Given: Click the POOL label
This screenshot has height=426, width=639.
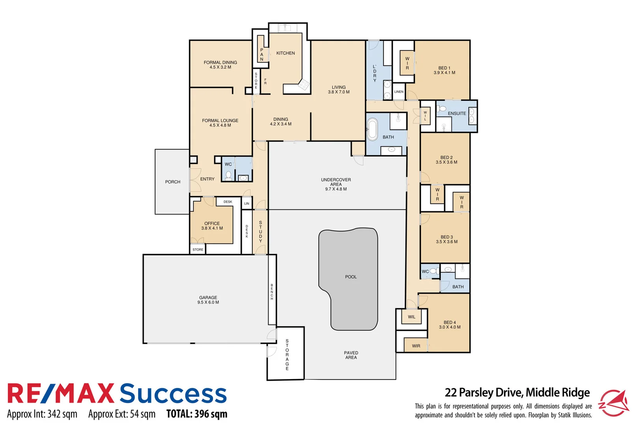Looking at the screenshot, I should pos(351,277).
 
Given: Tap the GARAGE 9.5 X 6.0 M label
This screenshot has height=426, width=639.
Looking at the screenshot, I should pos(208,300).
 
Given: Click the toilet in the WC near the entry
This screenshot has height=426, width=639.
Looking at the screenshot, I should pos(228,175).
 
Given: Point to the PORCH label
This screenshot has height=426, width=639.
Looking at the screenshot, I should pos(173,182).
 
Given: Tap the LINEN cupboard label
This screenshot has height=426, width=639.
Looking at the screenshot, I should pos(399,92).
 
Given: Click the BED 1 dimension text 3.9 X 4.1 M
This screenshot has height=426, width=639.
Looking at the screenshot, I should pos(445,73).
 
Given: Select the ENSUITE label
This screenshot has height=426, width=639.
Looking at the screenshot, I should pos(457,114).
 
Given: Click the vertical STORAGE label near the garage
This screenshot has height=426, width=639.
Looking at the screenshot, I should pos(287,355).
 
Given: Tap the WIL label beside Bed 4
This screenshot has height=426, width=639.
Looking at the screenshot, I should pos(412,317).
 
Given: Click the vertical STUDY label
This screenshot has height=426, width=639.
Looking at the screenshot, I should pos(260,232).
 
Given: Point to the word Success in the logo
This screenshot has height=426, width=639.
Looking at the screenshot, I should pos(173,394).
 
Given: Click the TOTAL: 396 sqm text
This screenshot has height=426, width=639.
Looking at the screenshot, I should pos(197,414).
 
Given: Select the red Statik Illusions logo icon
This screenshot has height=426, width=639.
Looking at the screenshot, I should pos(614,403).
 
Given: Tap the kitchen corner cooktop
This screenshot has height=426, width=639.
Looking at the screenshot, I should pos(304,84).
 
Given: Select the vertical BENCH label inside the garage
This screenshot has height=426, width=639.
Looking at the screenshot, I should pos(272,292).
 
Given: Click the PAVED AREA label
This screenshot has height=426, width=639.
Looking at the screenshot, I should pos(351,355).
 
